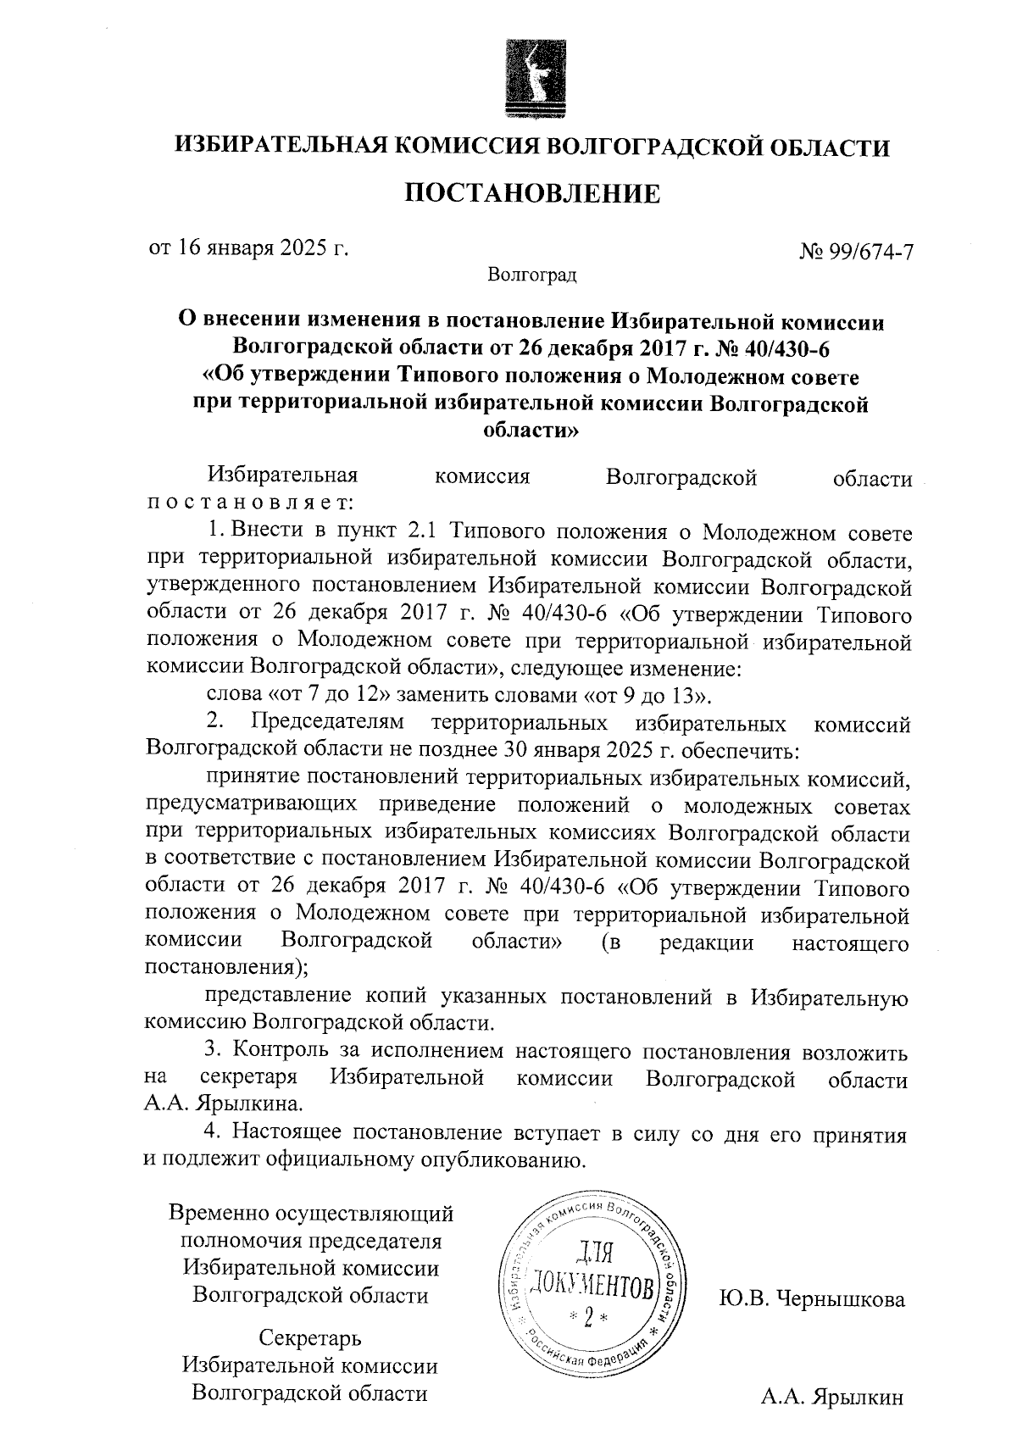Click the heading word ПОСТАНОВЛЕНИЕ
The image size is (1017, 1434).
531,194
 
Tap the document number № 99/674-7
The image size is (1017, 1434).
855,252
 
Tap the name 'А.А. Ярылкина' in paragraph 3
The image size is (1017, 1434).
221,1105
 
